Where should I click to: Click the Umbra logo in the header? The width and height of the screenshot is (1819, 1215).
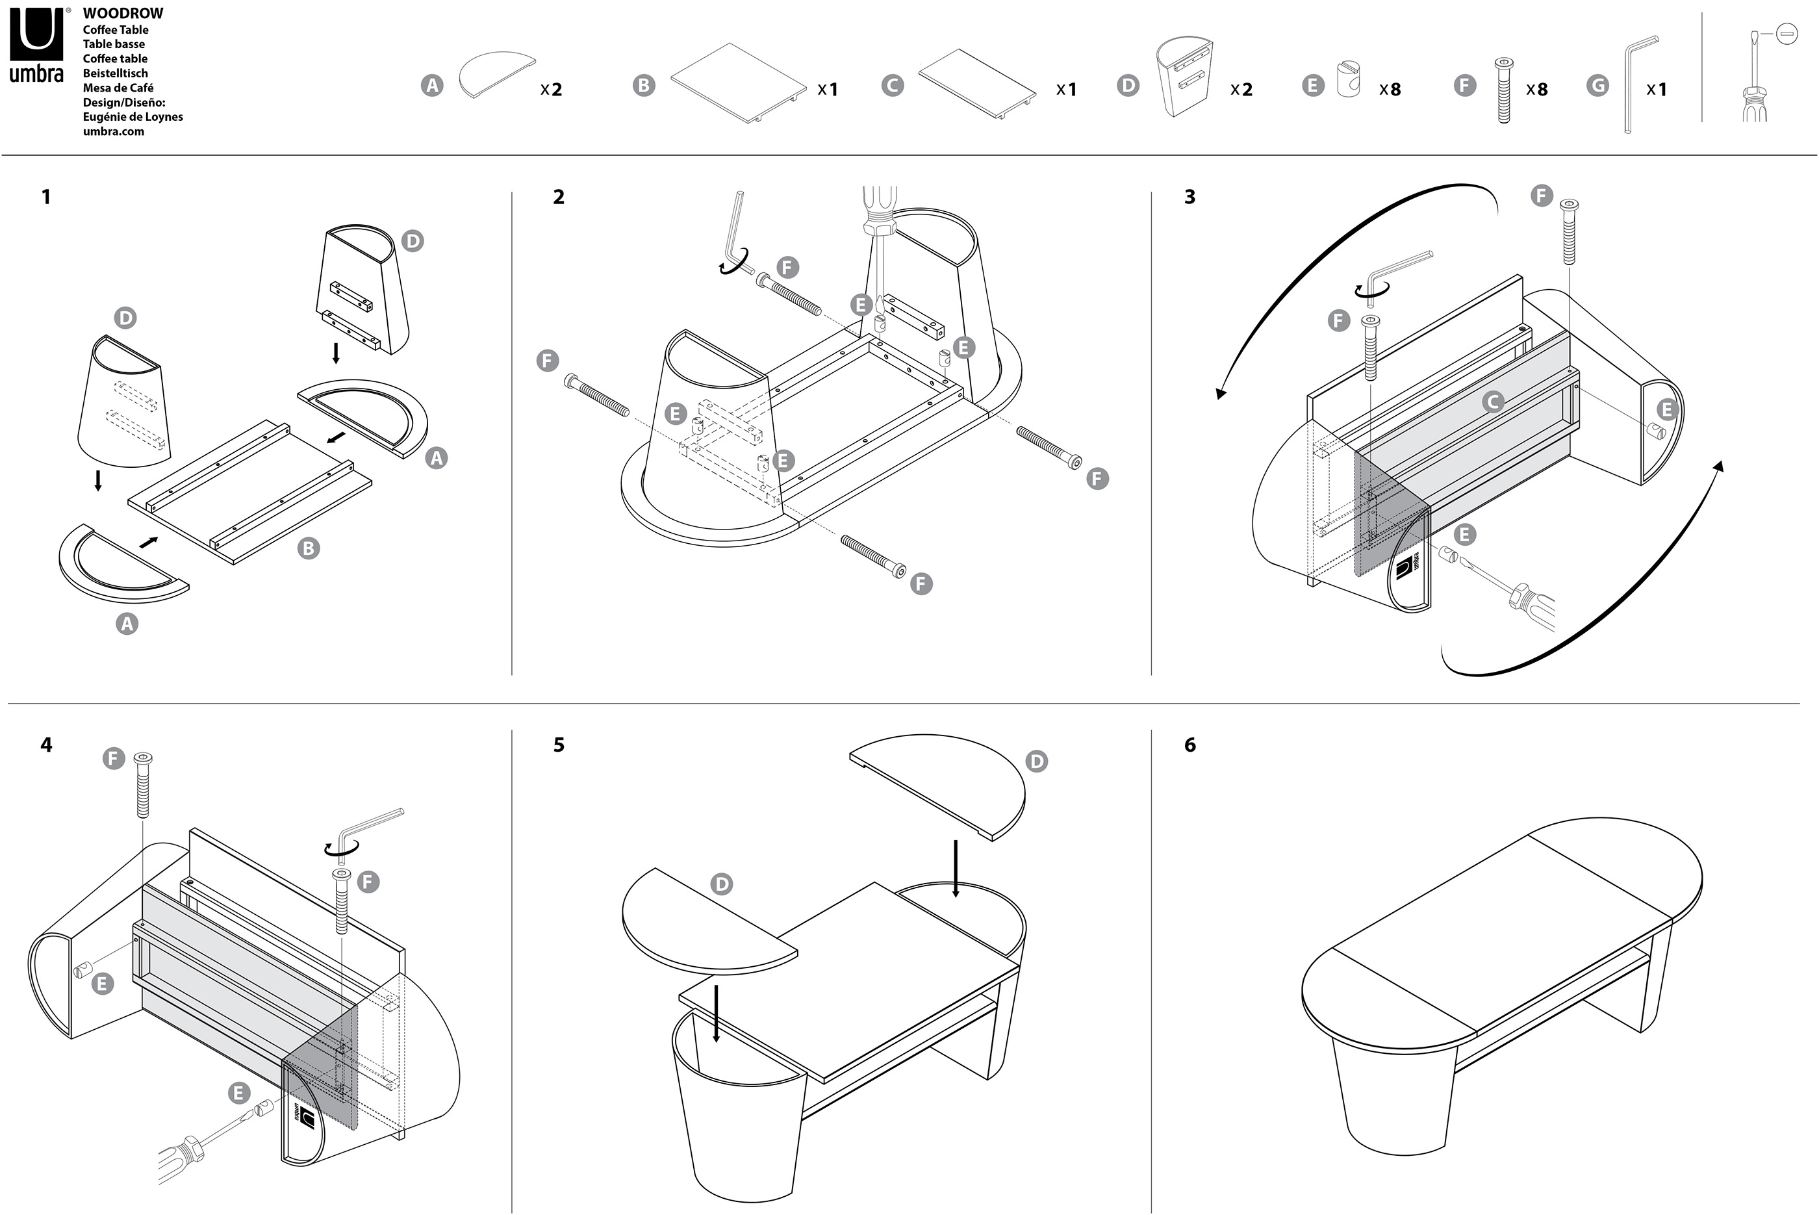(36, 45)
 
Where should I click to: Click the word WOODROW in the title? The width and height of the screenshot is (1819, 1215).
(123, 13)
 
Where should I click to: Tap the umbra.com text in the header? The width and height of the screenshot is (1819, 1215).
(113, 131)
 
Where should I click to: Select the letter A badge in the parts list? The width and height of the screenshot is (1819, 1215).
(432, 85)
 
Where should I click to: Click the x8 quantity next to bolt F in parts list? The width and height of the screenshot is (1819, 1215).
(1537, 90)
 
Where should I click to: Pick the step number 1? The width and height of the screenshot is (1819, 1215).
(45, 197)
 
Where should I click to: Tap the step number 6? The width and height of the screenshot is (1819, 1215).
(1190, 745)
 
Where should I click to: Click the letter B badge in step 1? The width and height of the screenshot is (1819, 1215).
(309, 548)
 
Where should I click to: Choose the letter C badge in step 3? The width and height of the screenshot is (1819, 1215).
(1493, 402)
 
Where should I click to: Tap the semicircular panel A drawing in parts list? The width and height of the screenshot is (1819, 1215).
(496, 73)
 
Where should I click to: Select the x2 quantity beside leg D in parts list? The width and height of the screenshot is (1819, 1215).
(1241, 90)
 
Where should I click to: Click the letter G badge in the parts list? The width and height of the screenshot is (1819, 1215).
(1597, 85)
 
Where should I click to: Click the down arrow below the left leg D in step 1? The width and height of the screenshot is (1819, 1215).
(97, 480)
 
